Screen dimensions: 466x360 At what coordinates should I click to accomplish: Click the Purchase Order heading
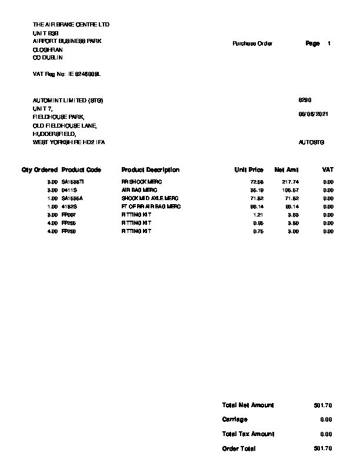click(x=252, y=44)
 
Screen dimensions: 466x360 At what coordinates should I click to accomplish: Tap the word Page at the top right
click(x=312, y=44)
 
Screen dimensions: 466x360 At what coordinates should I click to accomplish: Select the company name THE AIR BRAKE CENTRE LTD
click(x=71, y=25)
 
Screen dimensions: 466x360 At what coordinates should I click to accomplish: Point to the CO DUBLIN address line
click(x=48, y=58)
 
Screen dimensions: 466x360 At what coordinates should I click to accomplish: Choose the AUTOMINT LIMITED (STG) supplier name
click(x=68, y=101)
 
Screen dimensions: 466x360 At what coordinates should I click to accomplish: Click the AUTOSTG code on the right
click(x=311, y=142)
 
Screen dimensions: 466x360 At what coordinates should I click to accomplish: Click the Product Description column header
click(x=150, y=170)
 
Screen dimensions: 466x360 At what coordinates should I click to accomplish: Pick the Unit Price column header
click(x=249, y=170)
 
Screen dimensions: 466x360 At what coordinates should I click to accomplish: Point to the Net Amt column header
click(x=286, y=170)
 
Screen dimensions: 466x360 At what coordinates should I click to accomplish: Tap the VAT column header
click(x=328, y=170)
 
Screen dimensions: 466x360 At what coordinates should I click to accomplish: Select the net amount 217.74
click(x=291, y=182)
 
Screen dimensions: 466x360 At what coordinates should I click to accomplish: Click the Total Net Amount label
click(x=248, y=405)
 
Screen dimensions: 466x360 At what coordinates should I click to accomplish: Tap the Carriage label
click(x=235, y=420)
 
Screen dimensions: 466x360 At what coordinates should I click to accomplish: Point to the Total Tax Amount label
click(x=248, y=434)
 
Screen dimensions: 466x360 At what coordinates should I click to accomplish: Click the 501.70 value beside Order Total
click(x=323, y=448)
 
